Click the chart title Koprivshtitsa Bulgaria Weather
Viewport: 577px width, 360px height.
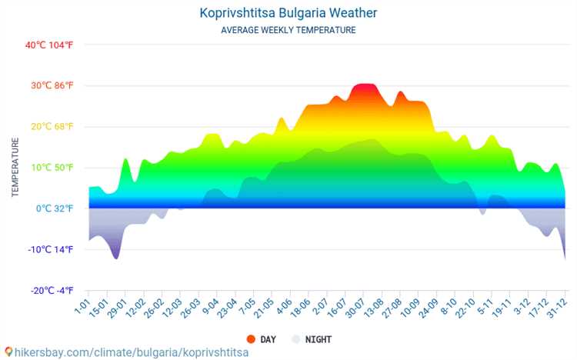[x=288, y=13]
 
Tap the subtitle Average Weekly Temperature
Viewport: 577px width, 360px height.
[x=288, y=30]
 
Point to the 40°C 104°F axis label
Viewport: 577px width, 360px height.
[x=49, y=45]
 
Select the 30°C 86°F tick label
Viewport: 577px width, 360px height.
[x=52, y=85]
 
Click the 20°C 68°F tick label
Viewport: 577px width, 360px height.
[x=52, y=127]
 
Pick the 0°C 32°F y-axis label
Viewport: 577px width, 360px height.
[x=55, y=208]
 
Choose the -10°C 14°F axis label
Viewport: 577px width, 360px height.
[x=51, y=249]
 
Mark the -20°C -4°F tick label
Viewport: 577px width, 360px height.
[x=52, y=291]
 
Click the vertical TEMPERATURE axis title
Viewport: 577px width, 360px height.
[x=15, y=167]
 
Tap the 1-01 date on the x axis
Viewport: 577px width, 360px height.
[x=82, y=307]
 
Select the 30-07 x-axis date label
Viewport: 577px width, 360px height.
[x=355, y=308]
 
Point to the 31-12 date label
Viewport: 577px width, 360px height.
[x=556, y=308]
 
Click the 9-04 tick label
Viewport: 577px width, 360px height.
[x=211, y=307]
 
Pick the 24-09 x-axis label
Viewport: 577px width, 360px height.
[x=429, y=308]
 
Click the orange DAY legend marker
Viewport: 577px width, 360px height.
[x=251, y=339]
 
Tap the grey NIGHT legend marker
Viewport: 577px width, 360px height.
[x=296, y=339]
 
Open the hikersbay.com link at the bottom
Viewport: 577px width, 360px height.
[x=132, y=352]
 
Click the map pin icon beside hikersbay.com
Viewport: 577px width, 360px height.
[x=8, y=352]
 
